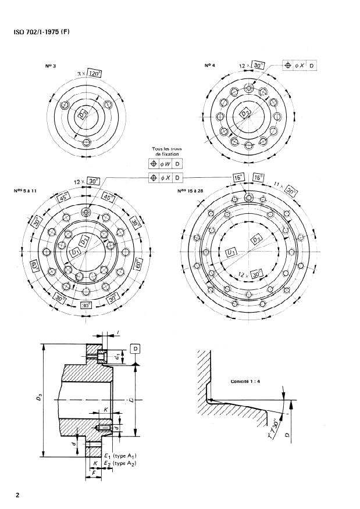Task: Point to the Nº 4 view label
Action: pos(211,65)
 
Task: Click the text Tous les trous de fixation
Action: pos(167,152)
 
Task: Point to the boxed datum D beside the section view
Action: pos(135,349)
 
